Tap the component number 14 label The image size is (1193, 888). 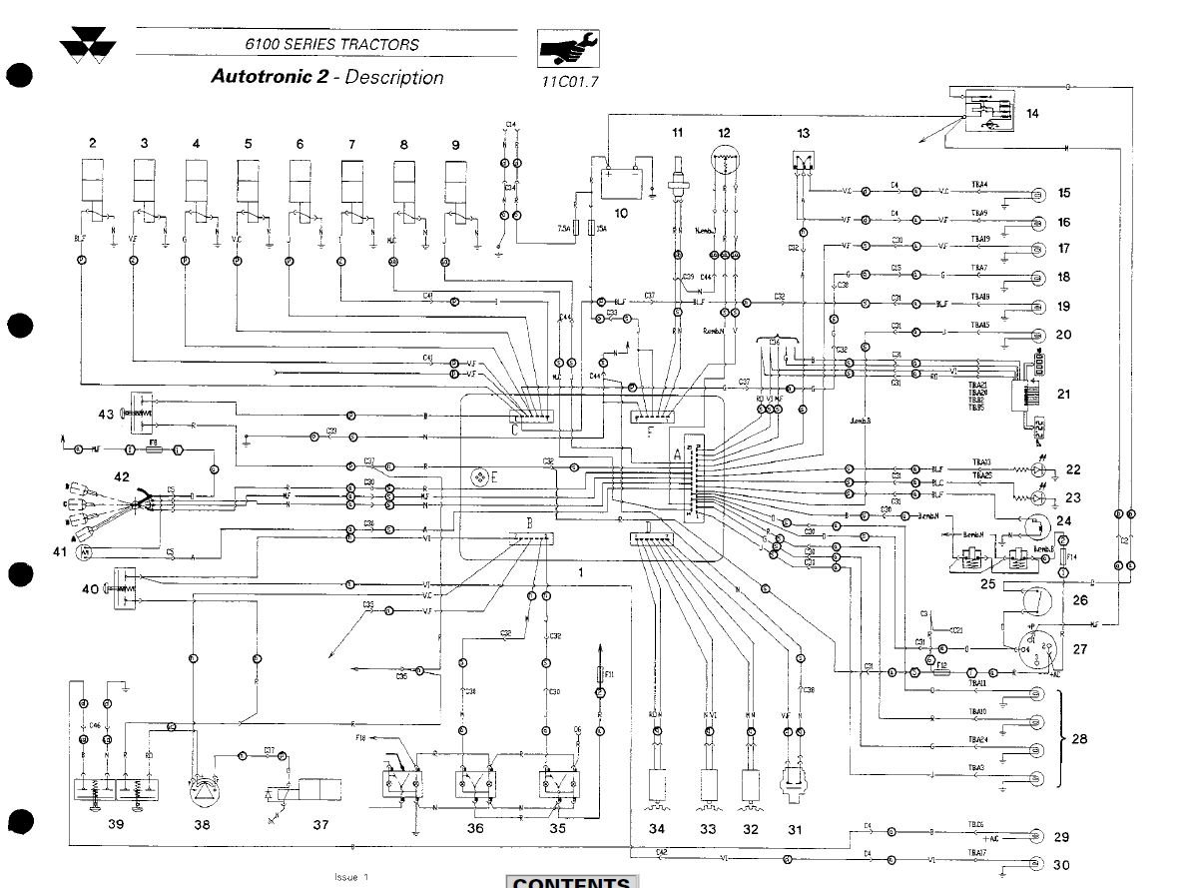(x=1032, y=114)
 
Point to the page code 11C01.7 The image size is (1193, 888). (x=569, y=83)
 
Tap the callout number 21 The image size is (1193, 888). (x=1063, y=395)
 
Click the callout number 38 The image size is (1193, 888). (x=202, y=827)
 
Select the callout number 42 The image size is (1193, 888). (x=121, y=477)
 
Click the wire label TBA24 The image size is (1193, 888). (x=977, y=740)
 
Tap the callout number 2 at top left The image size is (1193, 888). (x=93, y=144)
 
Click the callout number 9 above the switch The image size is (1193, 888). (x=455, y=145)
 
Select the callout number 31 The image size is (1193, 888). (x=795, y=829)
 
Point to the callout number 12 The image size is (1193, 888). (x=724, y=133)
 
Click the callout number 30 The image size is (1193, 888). (x=1063, y=865)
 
